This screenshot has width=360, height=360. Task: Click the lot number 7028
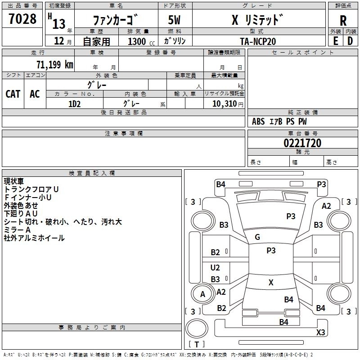click(22, 18)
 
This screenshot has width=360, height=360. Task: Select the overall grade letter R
click(343, 21)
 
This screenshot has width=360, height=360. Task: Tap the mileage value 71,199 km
click(55, 64)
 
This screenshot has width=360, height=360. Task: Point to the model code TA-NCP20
click(258, 41)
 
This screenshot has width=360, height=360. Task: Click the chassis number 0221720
click(302, 143)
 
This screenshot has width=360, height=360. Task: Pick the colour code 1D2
click(74, 104)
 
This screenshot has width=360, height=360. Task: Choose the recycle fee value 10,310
click(225, 103)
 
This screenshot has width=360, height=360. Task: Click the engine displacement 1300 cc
click(141, 41)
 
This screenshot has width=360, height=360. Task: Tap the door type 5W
click(174, 20)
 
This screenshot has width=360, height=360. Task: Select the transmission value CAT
click(13, 94)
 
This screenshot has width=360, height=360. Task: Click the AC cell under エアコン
click(35, 94)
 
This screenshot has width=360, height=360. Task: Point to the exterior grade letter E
click(336, 41)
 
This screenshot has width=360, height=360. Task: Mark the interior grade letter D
click(350, 41)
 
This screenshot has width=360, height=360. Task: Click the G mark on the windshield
click(257, 237)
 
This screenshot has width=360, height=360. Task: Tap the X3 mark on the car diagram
click(320, 332)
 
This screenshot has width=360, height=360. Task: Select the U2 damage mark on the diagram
click(215, 267)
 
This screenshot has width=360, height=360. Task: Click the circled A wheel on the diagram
click(202, 294)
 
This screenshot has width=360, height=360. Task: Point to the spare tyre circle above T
click(197, 328)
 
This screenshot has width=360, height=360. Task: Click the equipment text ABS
click(258, 121)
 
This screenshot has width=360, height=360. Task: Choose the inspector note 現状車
click(14, 181)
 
